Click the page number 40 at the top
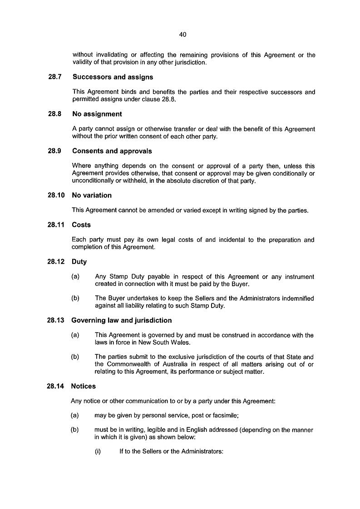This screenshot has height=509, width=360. click(x=183, y=34)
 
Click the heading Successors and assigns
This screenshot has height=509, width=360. click(x=113, y=77)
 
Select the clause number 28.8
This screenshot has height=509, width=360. click(x=55, y=114)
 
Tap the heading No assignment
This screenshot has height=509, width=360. click(x=97, y=114)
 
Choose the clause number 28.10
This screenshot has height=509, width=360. click(x=56, y=196)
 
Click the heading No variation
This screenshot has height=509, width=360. click(x=91, y=196)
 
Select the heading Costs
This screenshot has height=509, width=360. click(x=81, y=225)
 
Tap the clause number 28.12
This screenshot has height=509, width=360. click(x=56, y=262)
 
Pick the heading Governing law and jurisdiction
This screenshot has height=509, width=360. click(x=121, y=320)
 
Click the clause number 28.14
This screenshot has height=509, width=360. click(x=56, y=387)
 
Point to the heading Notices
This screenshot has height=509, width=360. click(x=84, y=387)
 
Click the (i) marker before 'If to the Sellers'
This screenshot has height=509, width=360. click(x=98, y=452)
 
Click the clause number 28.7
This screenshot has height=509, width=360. click(x=55, y=77)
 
